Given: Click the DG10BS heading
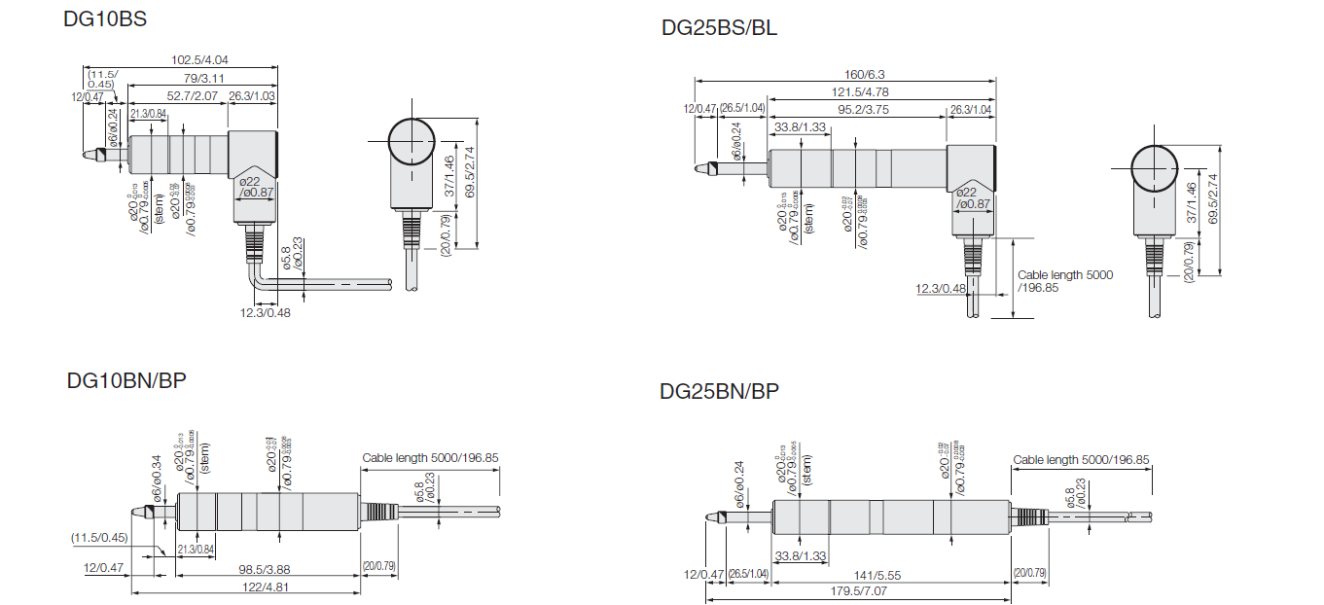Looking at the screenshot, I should pos(105,18).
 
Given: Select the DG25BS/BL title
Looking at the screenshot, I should pos(719,27).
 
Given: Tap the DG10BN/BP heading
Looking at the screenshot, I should pos(126,380).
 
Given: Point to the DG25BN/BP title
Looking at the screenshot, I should pos(719,392).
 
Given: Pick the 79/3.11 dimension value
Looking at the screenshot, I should pos(204,78).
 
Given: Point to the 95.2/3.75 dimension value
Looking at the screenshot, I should pos(859,109).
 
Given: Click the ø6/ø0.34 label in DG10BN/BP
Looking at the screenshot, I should pos(157,474).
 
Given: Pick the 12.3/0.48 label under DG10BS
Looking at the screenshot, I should pos(265,312).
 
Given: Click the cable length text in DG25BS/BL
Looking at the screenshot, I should pos(1064,281).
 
